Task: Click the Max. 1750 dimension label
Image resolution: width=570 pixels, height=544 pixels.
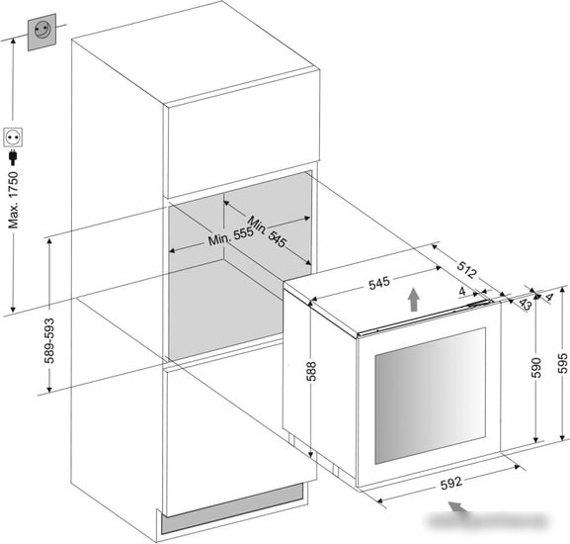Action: (x=14, y=200)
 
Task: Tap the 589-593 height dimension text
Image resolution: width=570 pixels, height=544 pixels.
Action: (x=49, y=340)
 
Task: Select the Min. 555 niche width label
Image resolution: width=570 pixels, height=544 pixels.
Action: (x=230, y=235)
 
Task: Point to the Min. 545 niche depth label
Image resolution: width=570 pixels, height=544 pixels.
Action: (x=267, y=231)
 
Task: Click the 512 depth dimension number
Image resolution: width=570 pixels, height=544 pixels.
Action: (x=466, y=269)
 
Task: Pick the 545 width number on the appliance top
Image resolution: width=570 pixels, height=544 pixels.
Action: (x=379, y=283)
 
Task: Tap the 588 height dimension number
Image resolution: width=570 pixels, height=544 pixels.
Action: (x=311, y=371)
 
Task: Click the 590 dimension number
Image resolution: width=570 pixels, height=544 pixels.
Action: (x=536, y=368)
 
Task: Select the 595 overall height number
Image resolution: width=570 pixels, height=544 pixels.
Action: (x=562, y=363)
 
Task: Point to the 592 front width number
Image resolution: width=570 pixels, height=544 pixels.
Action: (x=451, y=484)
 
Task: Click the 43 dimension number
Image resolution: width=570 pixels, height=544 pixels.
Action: (x=525, y=304)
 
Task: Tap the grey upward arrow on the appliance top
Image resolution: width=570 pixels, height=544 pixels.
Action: (x=413, y=300)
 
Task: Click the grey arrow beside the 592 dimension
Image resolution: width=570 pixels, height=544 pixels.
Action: (x=458, y=506)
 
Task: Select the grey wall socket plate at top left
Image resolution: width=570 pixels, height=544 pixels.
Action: (x=42, y=32)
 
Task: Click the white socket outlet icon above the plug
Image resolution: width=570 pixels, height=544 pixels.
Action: (x=13, y=137)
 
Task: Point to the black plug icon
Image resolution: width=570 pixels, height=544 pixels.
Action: (x=14, y=157)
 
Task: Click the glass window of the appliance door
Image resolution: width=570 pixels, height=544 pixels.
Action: (x=430, y=396)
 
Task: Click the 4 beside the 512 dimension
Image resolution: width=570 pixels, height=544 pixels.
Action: (x=462, y=291)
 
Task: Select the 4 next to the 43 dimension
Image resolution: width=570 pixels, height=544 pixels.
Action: (x=549, y=298)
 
